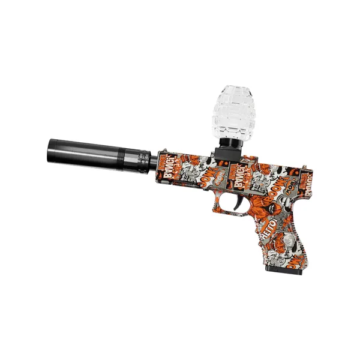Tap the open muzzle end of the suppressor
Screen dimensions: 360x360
pyautogui.click(x=48, y=150)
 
